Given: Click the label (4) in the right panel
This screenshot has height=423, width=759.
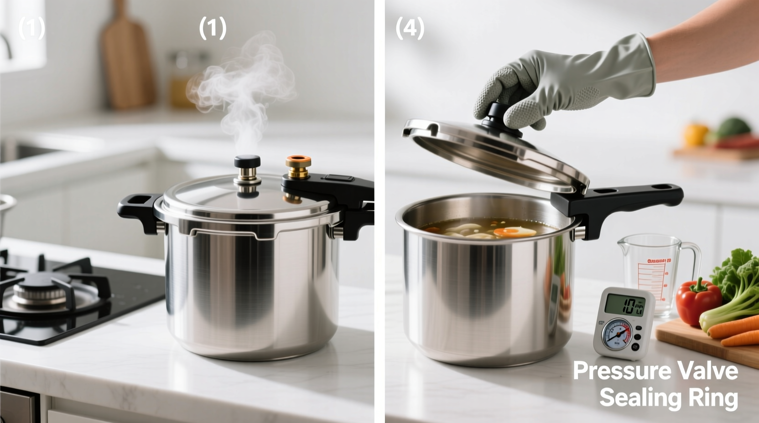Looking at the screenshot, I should click(x=410, y=28).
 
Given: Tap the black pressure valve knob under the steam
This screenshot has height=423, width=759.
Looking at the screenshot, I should click(x=247, y=162).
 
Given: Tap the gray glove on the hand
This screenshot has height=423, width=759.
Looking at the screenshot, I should click(x=570, y=82).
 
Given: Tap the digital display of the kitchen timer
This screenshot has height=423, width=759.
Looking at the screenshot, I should click(x=624, y=305).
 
